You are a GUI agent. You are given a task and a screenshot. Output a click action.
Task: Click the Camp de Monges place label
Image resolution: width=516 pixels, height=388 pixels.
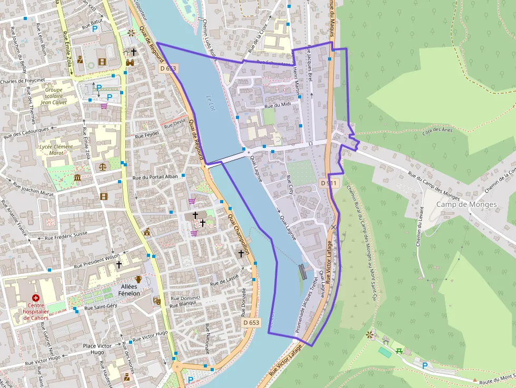pyautogui.click(x=467, y=204)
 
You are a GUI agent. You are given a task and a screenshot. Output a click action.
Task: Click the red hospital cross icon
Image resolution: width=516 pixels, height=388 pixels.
pyautogui.click(x=36, y=298)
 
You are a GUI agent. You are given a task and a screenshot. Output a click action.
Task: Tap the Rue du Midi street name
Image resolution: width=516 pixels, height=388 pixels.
pyautogui.click(x=277, y=105)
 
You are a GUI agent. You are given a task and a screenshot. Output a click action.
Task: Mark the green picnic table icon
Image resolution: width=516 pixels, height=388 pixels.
pyautogui.click(x=400, y=350)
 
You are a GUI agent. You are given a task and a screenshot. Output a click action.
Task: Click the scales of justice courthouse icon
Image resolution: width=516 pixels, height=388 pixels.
pyautogui.click(x=103, y=166)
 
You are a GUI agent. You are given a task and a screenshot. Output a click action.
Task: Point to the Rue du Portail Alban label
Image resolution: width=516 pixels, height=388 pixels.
pyautogui.click(x=155, y=177)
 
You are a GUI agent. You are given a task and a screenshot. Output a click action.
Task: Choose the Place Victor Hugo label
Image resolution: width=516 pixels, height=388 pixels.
pyautogui.click(x=97, y=349)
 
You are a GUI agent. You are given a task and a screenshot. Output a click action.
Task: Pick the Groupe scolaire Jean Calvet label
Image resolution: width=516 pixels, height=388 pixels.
pyautogui.click(x=53, y=96)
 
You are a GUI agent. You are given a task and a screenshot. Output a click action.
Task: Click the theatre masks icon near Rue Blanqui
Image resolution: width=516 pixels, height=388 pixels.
pyautogui.click(x=156, y=301)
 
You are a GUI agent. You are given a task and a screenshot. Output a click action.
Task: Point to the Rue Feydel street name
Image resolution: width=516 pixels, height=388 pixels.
pyautogui.click(x=147, y=135)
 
